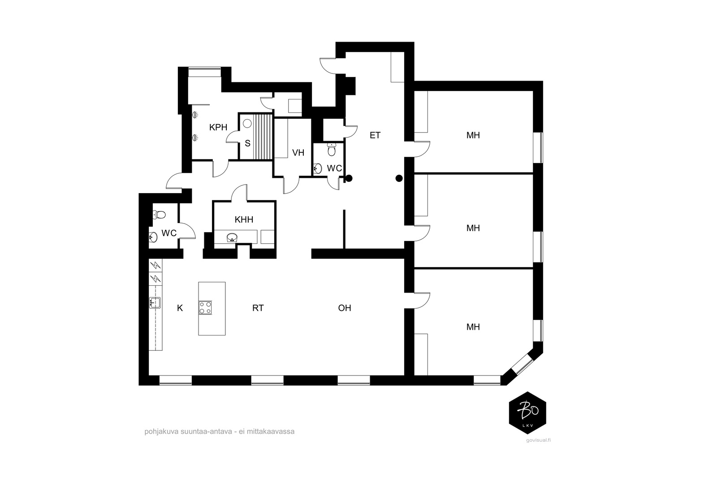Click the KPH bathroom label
pyautogui.click(x=218, y=127)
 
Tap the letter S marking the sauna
pyautogui.click(x=247, y=143)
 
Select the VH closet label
pyautogui.click(x=298, y=153)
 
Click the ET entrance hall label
pyautogui.click(x=375, y=135)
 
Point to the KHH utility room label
pyautogui.click(x=244, y=220)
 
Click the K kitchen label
pyautogui.click(x=180, y=308)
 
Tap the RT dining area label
pyautogui.click(x=258, y=308)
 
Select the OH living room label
pyautogui.click(x=344, y=308)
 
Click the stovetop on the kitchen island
pyautogui.click(x=205, y=307)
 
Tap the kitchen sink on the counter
pyautogui.click(x=155, y=303)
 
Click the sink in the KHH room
pyautogui.click(x=232, y=237)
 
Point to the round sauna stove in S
pyautogui.click(x=247, y=123)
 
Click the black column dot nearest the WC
pyautogui.click(x=349, y=178)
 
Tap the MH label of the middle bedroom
pyautogui.click(x=473, y=228)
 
